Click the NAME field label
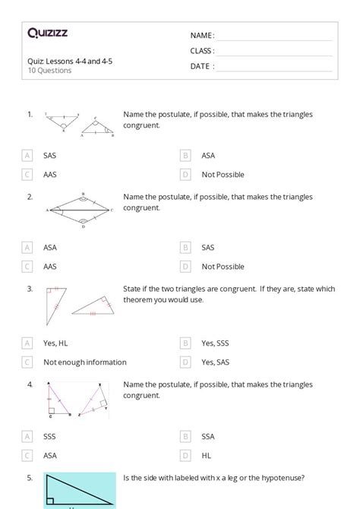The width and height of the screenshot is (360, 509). [202, 36]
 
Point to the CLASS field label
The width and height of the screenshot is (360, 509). [202, 51]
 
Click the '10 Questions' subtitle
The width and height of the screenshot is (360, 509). [49, 71]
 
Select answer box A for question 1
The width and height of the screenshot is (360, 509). [27, 156]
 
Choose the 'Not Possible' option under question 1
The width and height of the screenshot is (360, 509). [223, 175]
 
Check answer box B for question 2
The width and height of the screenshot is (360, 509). [185, 248]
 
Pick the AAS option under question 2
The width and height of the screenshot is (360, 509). [50, 267]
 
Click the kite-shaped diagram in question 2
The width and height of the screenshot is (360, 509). [80, 209]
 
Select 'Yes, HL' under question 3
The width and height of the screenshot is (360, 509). [55, 343]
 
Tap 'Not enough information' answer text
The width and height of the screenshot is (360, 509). [84, 362]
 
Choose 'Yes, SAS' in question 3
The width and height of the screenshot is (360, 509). [216, 362]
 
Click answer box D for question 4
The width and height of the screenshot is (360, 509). [185, 455]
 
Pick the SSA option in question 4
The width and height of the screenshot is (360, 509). [208, 436]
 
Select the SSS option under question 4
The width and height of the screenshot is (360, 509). [50, 436]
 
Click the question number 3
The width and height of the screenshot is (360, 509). [30, 289]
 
